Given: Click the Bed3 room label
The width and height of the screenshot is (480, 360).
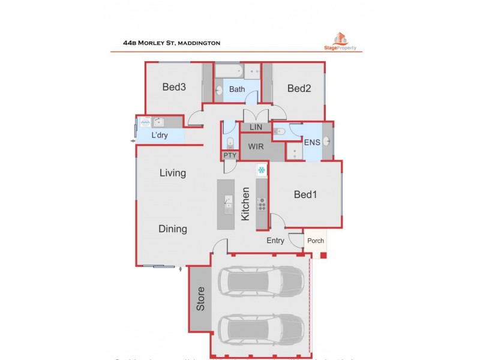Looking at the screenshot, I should (x=174, y=87).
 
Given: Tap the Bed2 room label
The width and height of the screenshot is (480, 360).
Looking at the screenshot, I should (x=299, y=89).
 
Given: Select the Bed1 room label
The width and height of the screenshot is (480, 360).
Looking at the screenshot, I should (x=305, y=194).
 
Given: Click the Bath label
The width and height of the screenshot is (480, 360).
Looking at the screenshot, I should (x=237, y=89).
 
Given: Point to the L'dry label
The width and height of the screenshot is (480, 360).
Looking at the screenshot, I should (x=159, y=135).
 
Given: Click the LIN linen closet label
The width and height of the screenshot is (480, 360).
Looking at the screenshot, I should (x=256, y=128).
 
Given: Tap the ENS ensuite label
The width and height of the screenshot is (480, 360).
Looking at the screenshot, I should (x=312, y=142).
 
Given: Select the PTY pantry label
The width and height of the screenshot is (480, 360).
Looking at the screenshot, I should (x=230, y=155).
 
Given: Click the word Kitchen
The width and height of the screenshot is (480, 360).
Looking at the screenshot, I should (x=245, y=204).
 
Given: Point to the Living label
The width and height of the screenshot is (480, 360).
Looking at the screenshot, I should (x=172, y=173).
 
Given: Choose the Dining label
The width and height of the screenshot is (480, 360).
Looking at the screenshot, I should (x=172, y=229).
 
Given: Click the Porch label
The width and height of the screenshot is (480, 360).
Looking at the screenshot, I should (x=316, y=241).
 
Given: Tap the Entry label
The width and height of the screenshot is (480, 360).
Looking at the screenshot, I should (x=276, y=241).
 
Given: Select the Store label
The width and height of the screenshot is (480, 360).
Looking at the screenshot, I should (x=201, y=299).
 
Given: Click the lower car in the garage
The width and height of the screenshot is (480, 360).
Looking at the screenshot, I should (x=262, y=328).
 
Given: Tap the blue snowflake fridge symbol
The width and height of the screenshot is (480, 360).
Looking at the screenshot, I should (x=262, y=170).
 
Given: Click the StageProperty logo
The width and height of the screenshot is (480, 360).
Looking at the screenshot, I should (x=340, y=42).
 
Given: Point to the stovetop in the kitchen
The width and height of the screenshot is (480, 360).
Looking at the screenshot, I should (x=262, y=205).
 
